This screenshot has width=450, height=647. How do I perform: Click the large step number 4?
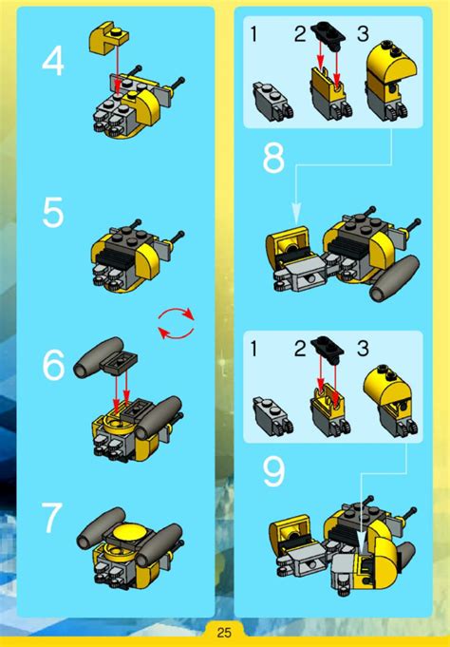click(53, 61)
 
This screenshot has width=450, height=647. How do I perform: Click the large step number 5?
click(53, 212)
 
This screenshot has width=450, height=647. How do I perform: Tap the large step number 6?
click(53, 364)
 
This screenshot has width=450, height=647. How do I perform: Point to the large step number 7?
click(52, 518)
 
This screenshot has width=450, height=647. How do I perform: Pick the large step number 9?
click(273, 473)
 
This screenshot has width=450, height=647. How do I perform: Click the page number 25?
click(224, 632)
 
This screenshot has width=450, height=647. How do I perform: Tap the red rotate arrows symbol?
click(177, 323)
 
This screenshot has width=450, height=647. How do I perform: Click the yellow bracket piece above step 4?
click(108, 38)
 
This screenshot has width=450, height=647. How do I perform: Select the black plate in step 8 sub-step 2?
click(328, 32)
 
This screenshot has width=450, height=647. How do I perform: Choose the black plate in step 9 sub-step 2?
click(328, 347)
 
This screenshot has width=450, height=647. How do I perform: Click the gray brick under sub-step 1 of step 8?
click(272, 100)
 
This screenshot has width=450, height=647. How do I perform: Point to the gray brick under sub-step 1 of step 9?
click(272, 415)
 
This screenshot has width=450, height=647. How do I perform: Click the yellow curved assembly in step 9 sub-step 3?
click(391, 399)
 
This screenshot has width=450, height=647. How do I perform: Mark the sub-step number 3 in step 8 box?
click(362, 34)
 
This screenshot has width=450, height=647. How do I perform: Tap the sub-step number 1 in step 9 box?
click(254, 349)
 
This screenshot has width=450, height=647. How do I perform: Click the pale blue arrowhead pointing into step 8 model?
click(296, 214)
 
